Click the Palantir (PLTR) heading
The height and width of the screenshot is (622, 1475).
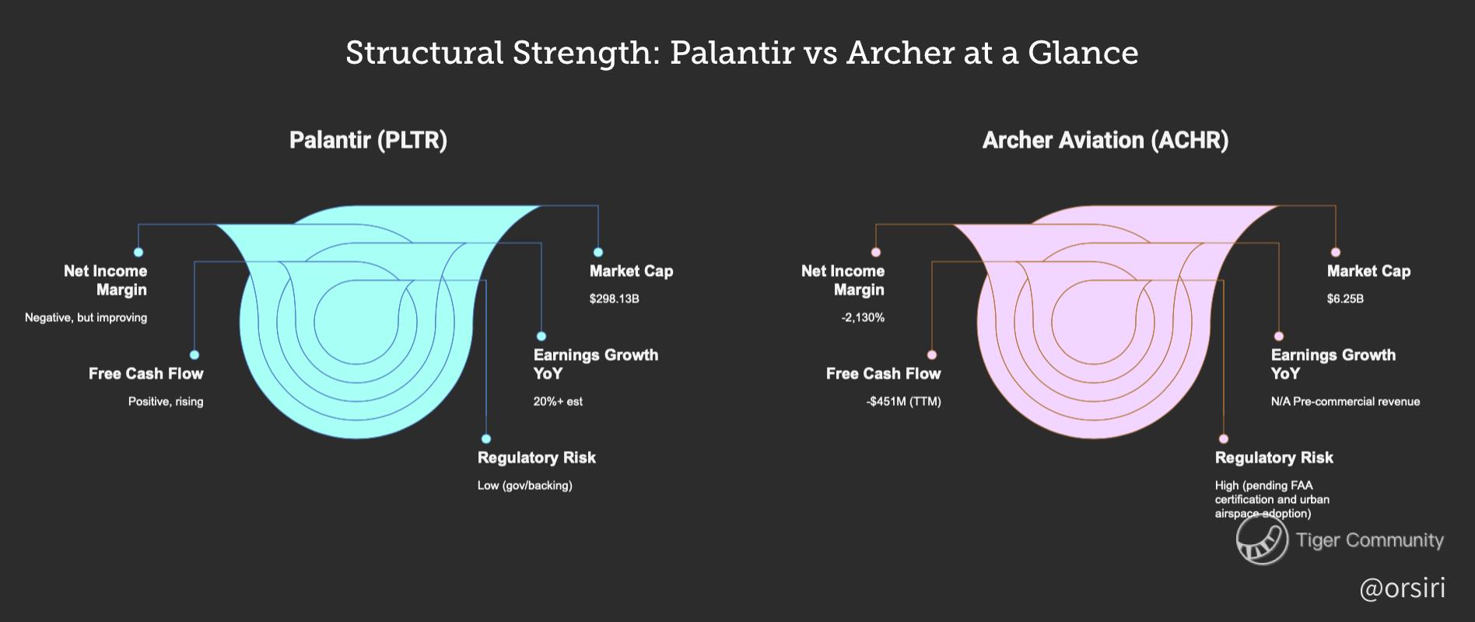[368, 140]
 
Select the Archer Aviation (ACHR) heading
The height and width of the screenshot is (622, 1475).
[1105, 140]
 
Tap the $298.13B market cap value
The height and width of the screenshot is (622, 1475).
[614, 299]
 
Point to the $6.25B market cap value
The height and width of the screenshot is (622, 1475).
[1345, 299]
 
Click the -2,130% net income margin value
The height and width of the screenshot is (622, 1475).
[863, 317]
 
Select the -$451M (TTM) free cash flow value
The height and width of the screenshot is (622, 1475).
[903, 401]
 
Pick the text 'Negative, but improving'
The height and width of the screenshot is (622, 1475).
[86, 317]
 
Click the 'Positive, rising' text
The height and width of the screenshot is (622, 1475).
[166, 401]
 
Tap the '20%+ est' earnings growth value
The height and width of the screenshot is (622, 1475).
[558, 401]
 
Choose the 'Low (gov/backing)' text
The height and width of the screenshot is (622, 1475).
[524, 485]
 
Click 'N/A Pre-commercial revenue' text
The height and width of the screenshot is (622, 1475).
[1345, 401]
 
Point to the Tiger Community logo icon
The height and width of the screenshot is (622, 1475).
[1261, 540]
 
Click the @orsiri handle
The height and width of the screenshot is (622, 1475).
[1402, 588]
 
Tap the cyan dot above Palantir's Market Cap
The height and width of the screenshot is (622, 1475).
[598, 252]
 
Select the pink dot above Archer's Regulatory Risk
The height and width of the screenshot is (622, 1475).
[1224, 439]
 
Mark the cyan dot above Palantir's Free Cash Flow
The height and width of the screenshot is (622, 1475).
[194, 355]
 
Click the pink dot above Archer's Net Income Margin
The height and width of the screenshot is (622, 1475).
[876, 252]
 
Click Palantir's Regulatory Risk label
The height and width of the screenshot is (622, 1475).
[536, 457]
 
